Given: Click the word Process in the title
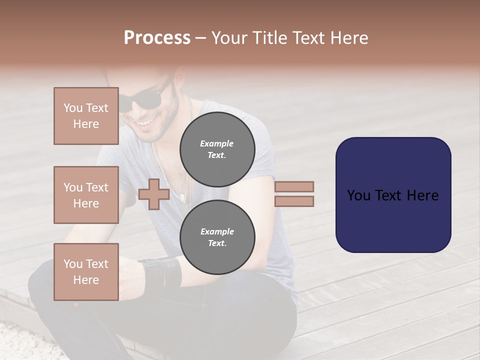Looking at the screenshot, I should click(x=157, y=38).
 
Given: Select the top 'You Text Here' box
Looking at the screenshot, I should click(x=86, y=116).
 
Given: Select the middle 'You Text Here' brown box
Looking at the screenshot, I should click(x=86, y=195).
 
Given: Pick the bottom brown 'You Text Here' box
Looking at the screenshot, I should click(x=86, y=272).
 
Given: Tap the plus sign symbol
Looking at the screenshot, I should click(x=154, y=194).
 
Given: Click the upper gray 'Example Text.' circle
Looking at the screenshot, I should click(x=217, y=149).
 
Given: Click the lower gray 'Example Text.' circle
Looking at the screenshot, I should click(x=217, y=237).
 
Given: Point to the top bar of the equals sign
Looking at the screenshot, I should click(x=294, y=186).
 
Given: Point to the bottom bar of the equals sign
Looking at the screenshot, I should click(x=294, y=201).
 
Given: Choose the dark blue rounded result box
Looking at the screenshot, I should click(x=393, y=194).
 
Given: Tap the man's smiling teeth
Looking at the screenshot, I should click(x=145, y=121).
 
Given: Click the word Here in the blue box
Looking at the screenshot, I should click(x=422, y=195).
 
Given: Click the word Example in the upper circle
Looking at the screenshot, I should click(x=216, y=143).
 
